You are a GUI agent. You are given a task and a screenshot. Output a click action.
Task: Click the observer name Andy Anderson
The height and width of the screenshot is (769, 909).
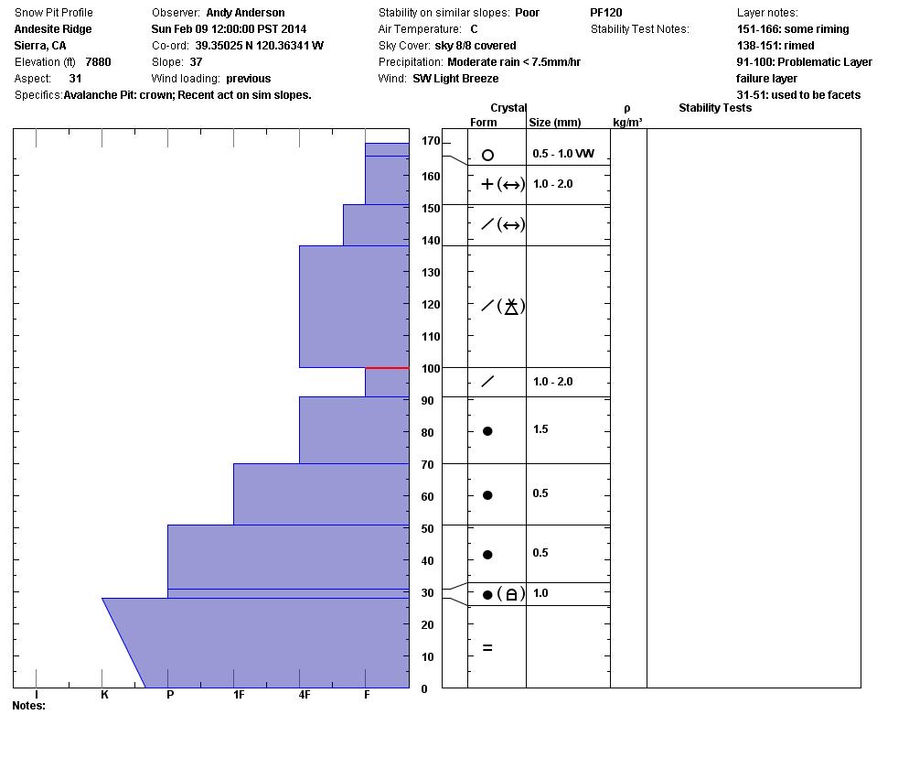pyautogui.click(x=245, y=13)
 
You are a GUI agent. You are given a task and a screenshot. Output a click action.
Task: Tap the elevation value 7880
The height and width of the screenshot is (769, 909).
pyautogui.click(x=98, y=62)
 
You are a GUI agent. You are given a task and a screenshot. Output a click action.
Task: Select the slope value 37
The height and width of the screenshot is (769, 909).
pyautogui.click(x=196, y=62)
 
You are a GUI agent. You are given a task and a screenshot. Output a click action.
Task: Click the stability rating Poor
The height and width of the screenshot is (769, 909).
pyautogui.click(x=527, y=13)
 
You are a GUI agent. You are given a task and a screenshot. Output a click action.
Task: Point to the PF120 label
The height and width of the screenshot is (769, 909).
pyautogui.click(x=606, y=13)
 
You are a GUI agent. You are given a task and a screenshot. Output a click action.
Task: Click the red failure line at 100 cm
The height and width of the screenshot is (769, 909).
pyautogui.click(x=387, y=368)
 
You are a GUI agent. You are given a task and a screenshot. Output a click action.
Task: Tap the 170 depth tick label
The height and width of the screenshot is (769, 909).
pyautogui.click(x=431, y=142)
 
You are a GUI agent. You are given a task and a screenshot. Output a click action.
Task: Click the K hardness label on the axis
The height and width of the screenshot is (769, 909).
pyautogui.click(x=104, y=695)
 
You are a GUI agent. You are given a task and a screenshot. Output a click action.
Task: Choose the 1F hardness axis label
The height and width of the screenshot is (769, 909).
pyautogui.click(x=239, y=695)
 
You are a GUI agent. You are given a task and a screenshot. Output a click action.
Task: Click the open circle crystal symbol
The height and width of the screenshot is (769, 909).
pyautogui.click(x=487, y=156)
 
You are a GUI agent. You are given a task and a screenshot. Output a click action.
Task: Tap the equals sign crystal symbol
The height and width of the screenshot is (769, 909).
pyautogui.click(x=487, y=648)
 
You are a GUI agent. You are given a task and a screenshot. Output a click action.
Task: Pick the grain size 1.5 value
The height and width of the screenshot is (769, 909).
pyautogui.click(x=540, y=429)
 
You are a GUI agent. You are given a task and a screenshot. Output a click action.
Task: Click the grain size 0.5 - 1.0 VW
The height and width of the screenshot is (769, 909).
pyautogui.click(x=563, y=154)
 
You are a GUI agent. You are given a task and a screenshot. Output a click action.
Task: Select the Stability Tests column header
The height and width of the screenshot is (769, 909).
pyautogui.click(x=715, y=108)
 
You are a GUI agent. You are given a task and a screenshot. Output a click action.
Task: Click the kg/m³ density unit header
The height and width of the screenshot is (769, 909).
pyautogui.click(x=627, y=122)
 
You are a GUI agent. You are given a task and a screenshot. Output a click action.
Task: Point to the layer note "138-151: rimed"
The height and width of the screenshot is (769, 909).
pyautogui.click(x=775, y=46)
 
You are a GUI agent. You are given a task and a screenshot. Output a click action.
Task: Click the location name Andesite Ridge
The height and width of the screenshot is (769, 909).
pyautogui.click(x=53, y=29)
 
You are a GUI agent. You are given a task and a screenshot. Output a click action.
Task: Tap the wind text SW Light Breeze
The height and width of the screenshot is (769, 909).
pyautogui.click(x=455, y=79)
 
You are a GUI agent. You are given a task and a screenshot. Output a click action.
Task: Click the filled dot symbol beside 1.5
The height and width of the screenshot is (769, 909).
pyautogui.click(x=487, y=431)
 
